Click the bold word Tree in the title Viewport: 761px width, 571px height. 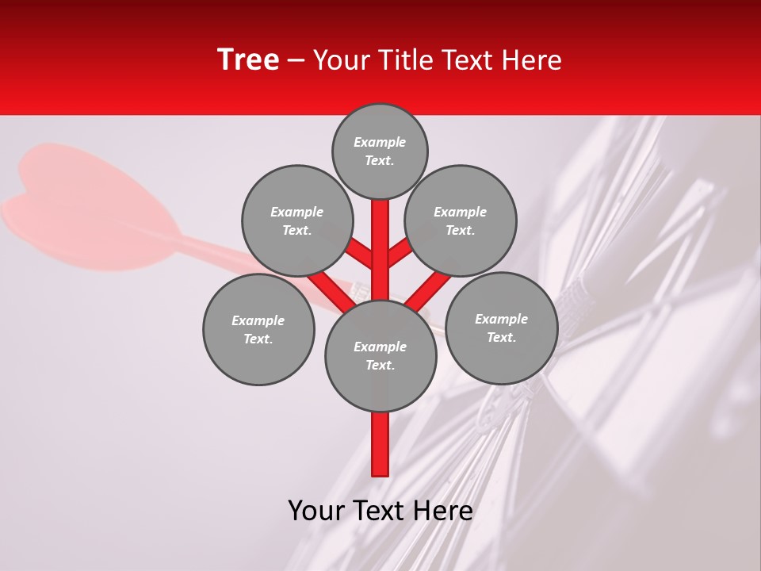[x=248, y=60]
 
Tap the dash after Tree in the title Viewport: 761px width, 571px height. [x=296, y=61]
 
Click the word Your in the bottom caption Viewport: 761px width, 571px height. [x=317, y=512]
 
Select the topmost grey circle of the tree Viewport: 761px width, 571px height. [x=380, y=151]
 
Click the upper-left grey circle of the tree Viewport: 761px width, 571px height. [x=296, y=220]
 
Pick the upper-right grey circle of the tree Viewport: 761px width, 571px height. [x=461, y=220]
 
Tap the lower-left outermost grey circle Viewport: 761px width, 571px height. [x=258, y=329]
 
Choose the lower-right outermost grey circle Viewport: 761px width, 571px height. [x=501, y=328]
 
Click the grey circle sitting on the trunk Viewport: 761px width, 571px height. [x=380, y=355]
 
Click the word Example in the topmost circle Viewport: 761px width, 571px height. [x=380, y=143]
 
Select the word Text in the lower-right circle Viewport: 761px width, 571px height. [x=501, y=337]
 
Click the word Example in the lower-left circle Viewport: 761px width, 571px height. [x=258, y=320]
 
